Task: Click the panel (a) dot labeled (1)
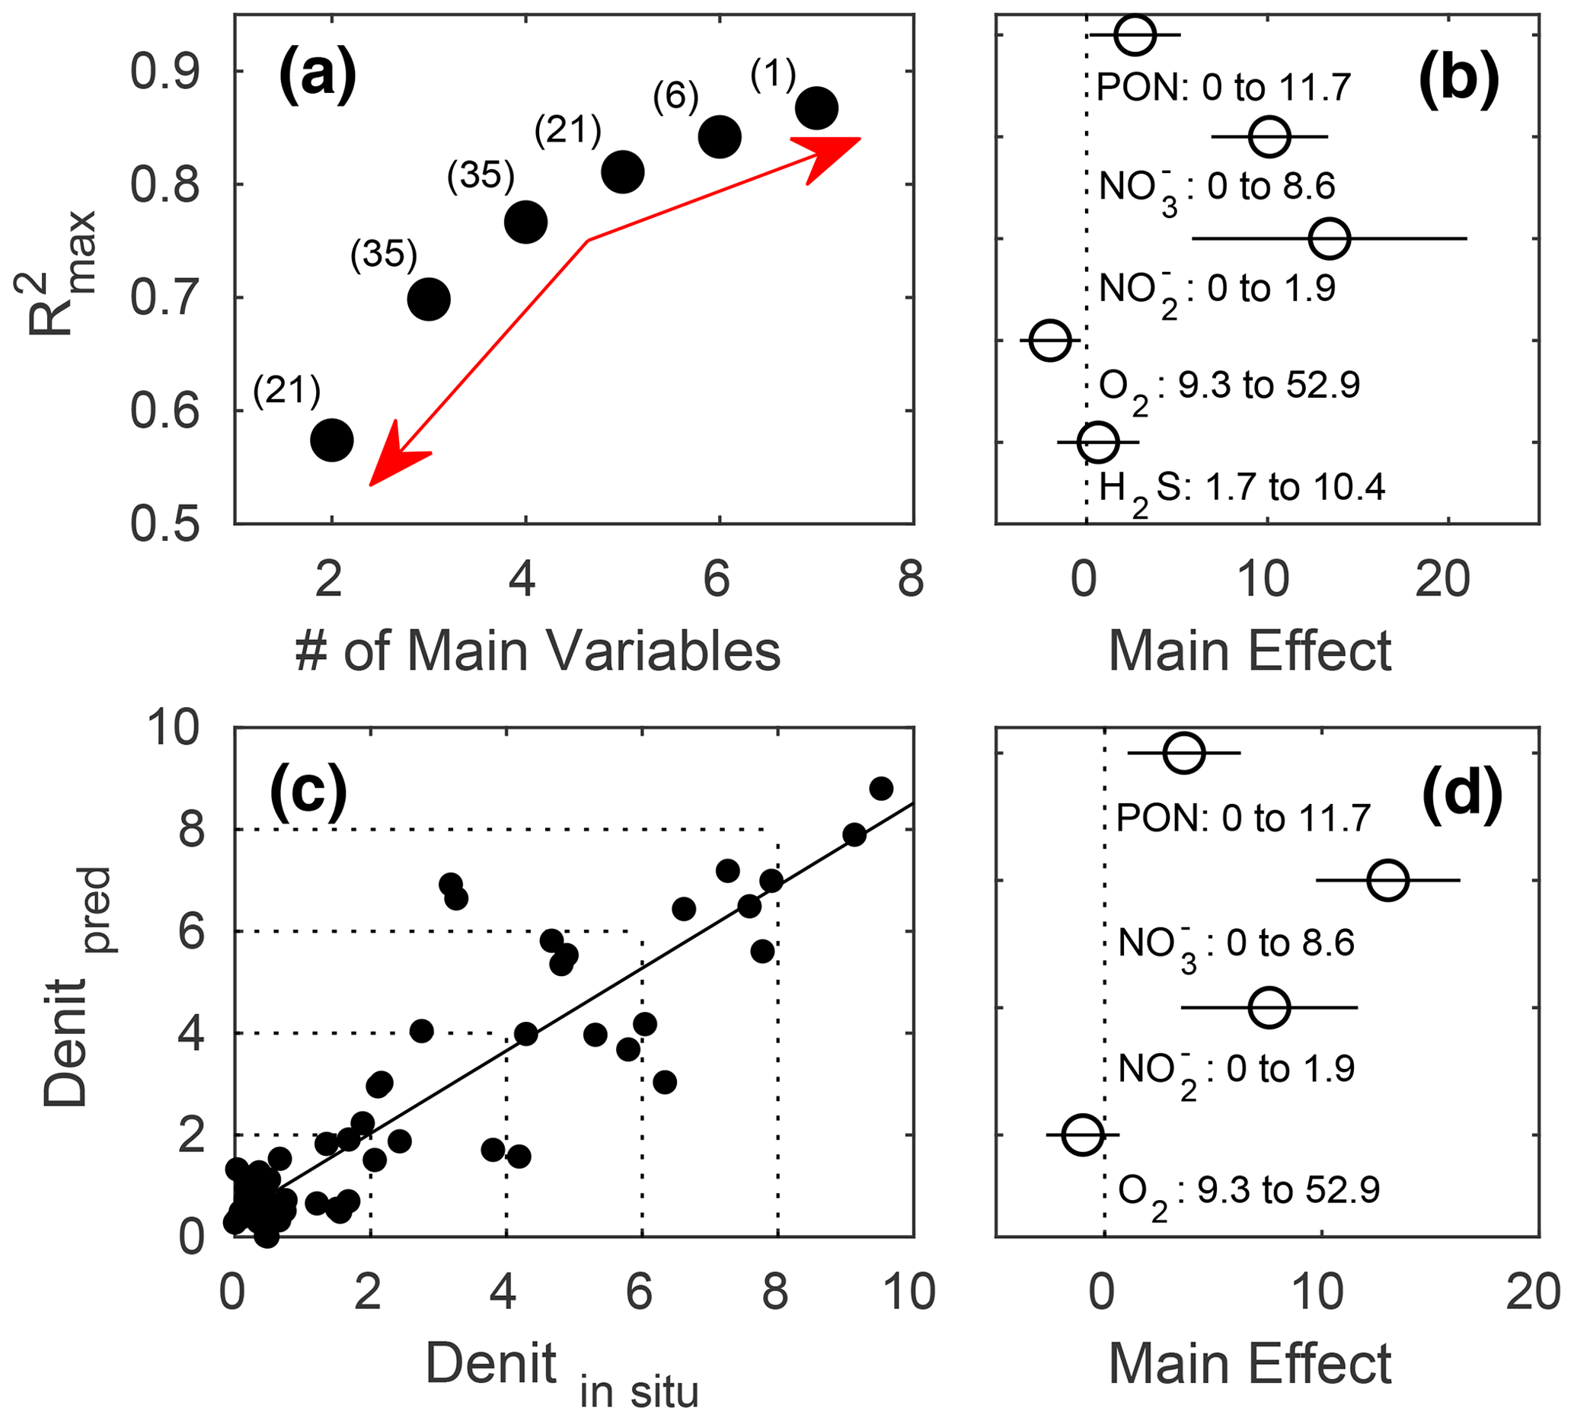click(816, 108)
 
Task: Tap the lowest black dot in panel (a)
click(332, 440)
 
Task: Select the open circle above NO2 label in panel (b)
click(1329, 238)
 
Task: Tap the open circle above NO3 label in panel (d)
click(1387, 881)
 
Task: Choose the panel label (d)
click(1461, 794)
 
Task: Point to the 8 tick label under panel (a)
click(911, 579)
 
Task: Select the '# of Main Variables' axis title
click(538, 651)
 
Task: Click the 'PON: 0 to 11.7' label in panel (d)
click(1243, 818)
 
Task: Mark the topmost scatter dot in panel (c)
click(881, 789)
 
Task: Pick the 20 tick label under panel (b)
click(1442, 579)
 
